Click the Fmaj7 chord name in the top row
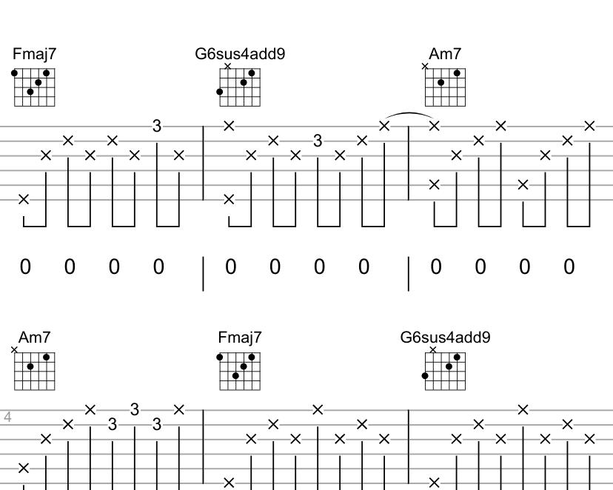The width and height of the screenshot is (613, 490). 34,54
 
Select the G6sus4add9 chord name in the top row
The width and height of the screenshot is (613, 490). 240,54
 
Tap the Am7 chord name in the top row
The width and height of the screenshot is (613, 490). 445,54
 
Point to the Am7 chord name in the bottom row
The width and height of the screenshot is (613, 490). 35,338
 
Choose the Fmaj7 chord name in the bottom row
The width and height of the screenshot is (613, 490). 240,338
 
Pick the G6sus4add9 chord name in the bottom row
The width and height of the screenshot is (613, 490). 445,338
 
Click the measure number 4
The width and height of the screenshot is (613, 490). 7,417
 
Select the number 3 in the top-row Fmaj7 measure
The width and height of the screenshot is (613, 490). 157,127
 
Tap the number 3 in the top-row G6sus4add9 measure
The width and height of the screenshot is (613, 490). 318,141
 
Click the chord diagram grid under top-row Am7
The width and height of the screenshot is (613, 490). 446,87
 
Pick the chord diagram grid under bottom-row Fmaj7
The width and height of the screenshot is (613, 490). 240,372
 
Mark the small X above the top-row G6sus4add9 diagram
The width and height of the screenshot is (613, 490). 227,66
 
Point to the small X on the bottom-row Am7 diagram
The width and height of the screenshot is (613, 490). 14,350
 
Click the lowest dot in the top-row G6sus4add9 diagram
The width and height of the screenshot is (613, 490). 220,93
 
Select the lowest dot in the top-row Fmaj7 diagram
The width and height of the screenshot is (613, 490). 30,93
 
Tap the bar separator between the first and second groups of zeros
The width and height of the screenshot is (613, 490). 204,272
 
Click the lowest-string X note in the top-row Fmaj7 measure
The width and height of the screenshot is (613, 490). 24,199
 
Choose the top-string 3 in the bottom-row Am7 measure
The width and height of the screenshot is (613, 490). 135,409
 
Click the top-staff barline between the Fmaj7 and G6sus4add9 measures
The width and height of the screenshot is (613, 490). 204,163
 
